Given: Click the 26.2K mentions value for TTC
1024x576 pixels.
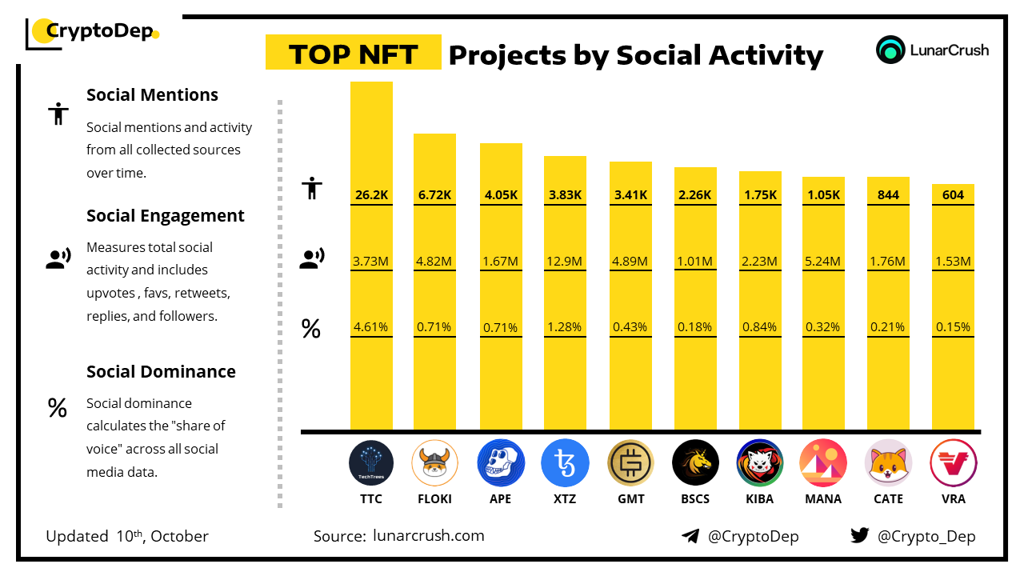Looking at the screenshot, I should pos(371,194).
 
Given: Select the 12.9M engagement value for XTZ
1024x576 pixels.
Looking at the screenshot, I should pos(565,261).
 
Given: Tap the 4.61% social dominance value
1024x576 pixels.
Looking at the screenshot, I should pos(371,326).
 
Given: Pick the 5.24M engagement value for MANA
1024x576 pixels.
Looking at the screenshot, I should pos(823,261).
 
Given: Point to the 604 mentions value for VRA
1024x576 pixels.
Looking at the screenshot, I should pos(953,194).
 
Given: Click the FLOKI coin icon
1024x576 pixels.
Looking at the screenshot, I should pos(435,463).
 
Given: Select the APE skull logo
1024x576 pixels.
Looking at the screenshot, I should pos(500,463).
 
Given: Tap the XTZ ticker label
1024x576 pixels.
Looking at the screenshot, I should pos(565,498).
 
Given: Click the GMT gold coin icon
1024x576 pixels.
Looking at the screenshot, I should pos(630,463).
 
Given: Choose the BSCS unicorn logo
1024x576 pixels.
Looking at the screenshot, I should pos(695,463).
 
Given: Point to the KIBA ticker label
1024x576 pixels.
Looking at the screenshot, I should pos(759,498).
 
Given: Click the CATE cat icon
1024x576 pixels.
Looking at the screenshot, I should pos(889,463).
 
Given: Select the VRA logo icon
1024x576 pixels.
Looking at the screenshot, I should pos(953,463).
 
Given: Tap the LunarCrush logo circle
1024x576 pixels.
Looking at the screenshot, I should pos(890,50).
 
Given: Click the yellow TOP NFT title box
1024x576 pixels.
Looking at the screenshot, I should pos(353,53).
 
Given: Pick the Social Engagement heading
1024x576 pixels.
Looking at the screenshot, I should pos(166,216).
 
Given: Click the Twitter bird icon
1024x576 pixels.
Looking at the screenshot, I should pos(859,535).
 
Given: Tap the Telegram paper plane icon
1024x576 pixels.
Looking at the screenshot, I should pos(690,536).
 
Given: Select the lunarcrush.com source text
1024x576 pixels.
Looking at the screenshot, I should pos(429,536).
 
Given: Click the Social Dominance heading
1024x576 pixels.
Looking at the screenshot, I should pos(161,371).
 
